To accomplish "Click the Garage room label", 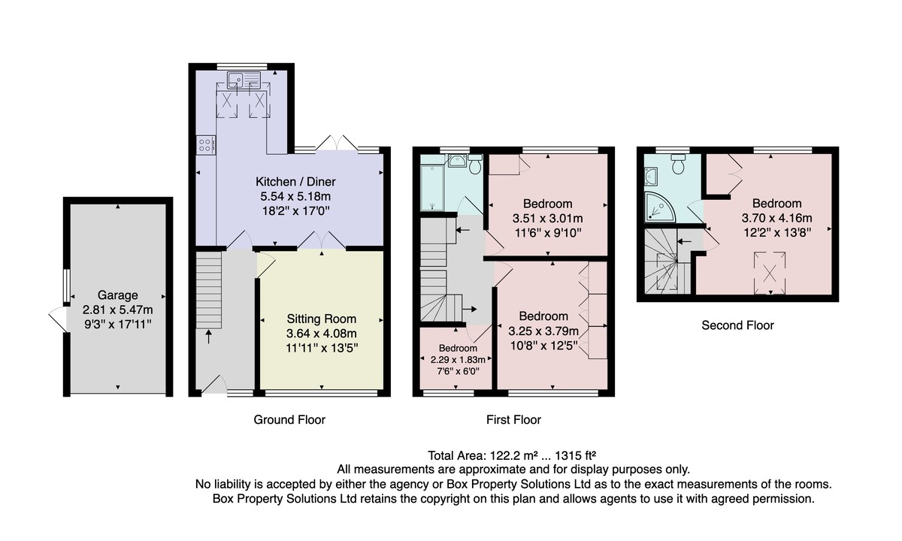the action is pyautogui.click(x=117, y=295).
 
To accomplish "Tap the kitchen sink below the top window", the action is pyautogui.click(x=244, y=80).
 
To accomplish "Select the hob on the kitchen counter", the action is pyautogui.click(x=206, y=144).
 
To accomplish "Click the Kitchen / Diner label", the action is pyautogui.click(x=295, y=182).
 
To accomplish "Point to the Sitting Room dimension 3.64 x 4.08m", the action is pyautogui.click(x=322, y=334).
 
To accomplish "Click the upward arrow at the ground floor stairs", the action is pyautogui.click(x=209, y=337).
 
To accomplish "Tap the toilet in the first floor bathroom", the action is pyautogui.click(x=476, y=164).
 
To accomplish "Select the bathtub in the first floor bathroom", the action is pyautogui.click(x=432, y=187).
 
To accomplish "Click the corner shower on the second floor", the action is pyautogui.click(x=660, y=207).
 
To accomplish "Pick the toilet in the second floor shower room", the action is pyautogui.click(x=679, y=164).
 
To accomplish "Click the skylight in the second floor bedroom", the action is pyautogui.click(x=770, y=273).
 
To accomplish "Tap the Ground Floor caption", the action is pyautogui.click(x=289, y=420).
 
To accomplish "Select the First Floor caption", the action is pyautogui.click(x=513, y=420).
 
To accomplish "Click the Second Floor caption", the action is pyautogui.click(x=737, y=325).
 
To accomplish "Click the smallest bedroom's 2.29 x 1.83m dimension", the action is pyautogui.click(x=458, y=359).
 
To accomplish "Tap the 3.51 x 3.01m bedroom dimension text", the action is pyautogui.click(x=548, y=218).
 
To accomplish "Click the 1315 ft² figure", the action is pyautogui.click(x=576, y=455).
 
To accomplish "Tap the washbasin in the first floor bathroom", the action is pyautogui.click(x=457, y=161).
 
